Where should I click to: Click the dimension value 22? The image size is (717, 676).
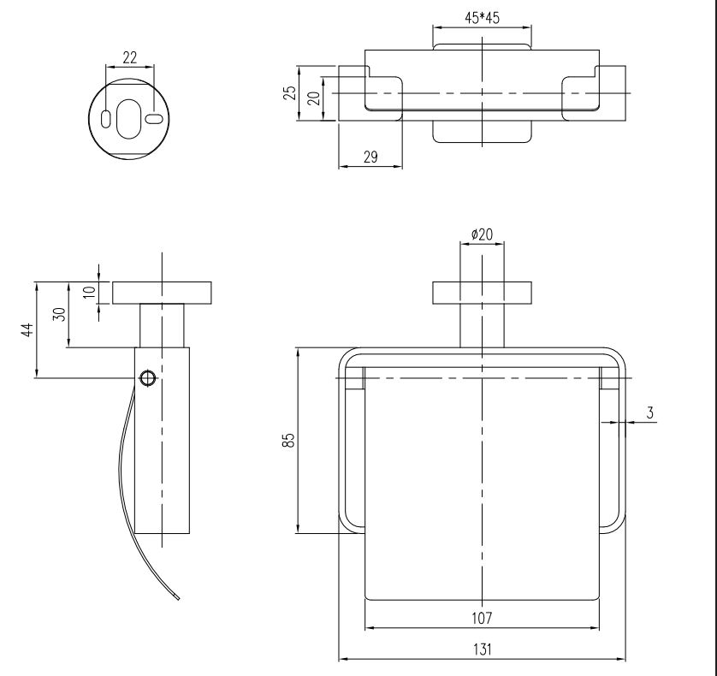tap(130, 57)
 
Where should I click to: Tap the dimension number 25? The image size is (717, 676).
tap(291, 92)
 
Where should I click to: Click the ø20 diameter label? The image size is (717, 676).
tap(483, 234)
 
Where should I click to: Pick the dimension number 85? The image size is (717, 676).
tap(290, 440)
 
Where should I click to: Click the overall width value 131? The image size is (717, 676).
tap(483, 649)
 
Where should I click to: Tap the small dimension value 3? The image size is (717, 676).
tap(651, 412)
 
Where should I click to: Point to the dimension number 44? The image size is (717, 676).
tap(27, 329)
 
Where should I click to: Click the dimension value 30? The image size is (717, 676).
tap(59, 314)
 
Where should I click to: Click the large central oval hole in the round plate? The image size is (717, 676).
tap(128, 119)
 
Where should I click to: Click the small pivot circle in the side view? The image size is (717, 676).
tap(147, 377)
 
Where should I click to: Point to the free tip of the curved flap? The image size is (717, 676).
tap(178, 598)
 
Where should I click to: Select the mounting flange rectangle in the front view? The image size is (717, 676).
tap(483, 293)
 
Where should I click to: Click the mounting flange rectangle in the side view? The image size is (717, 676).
tap(163, 293)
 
